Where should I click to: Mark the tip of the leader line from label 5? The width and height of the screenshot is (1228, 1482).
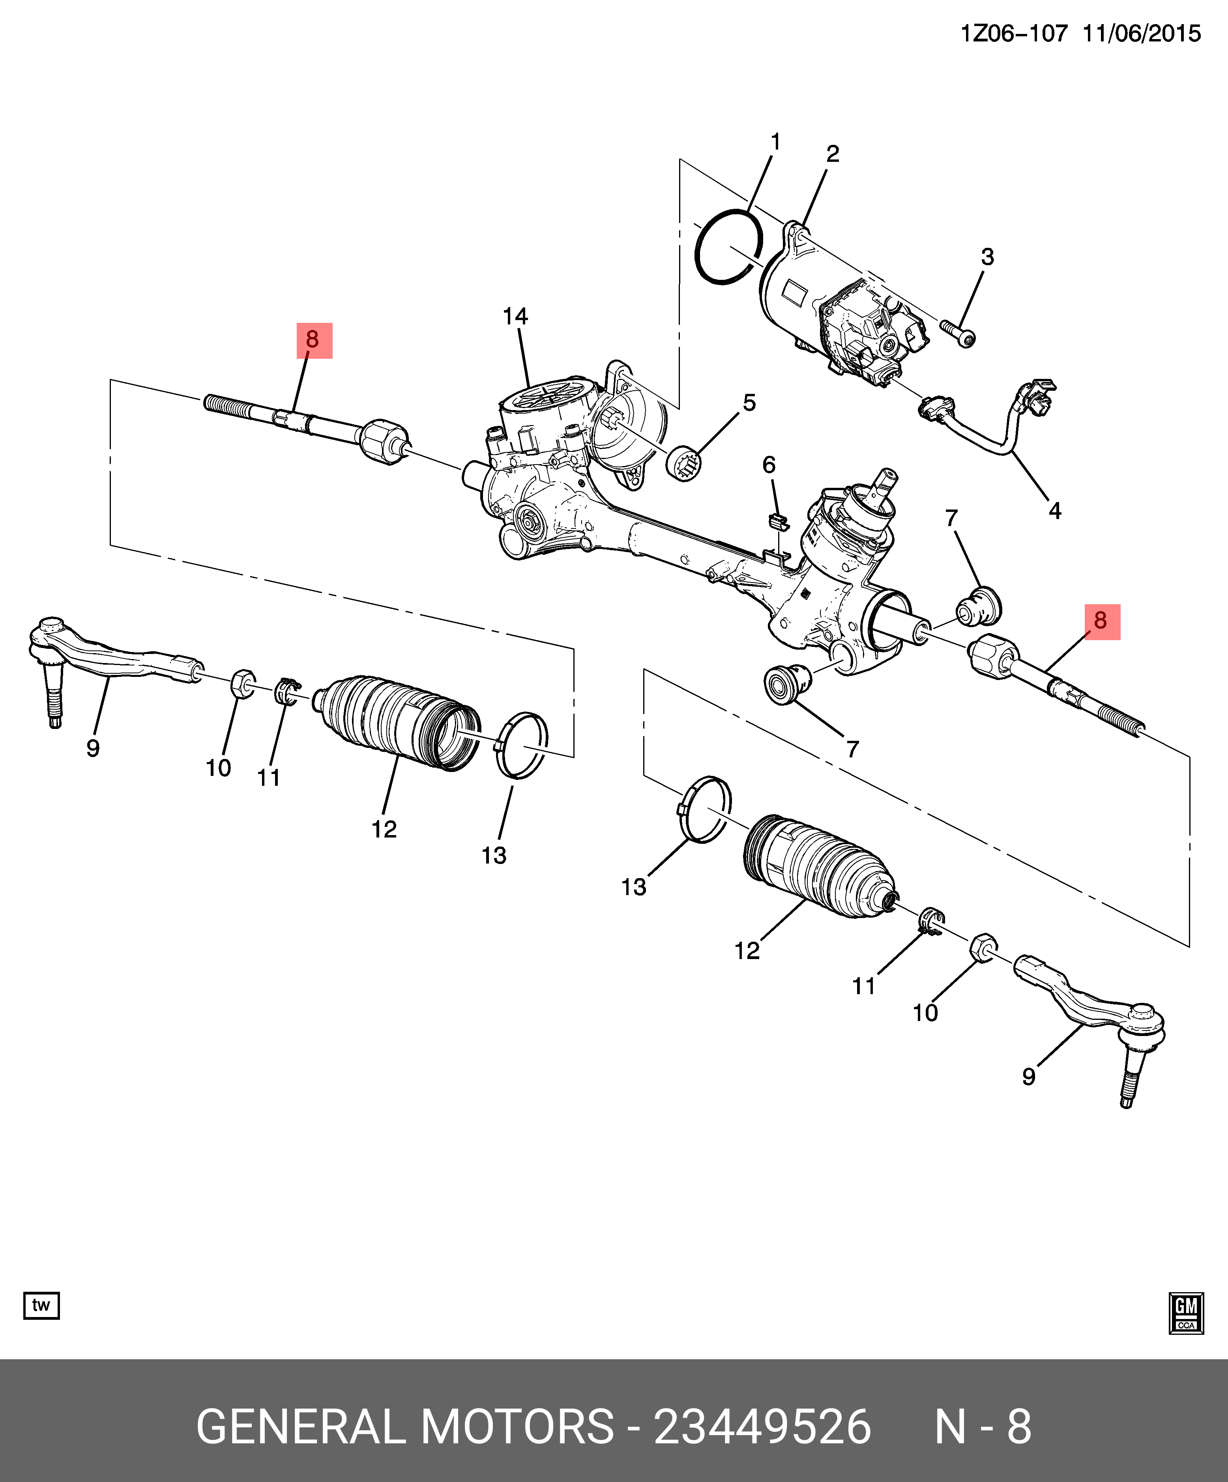click(x=695, y=453)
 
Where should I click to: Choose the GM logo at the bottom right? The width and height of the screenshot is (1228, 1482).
click(x=1186, y=1313)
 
